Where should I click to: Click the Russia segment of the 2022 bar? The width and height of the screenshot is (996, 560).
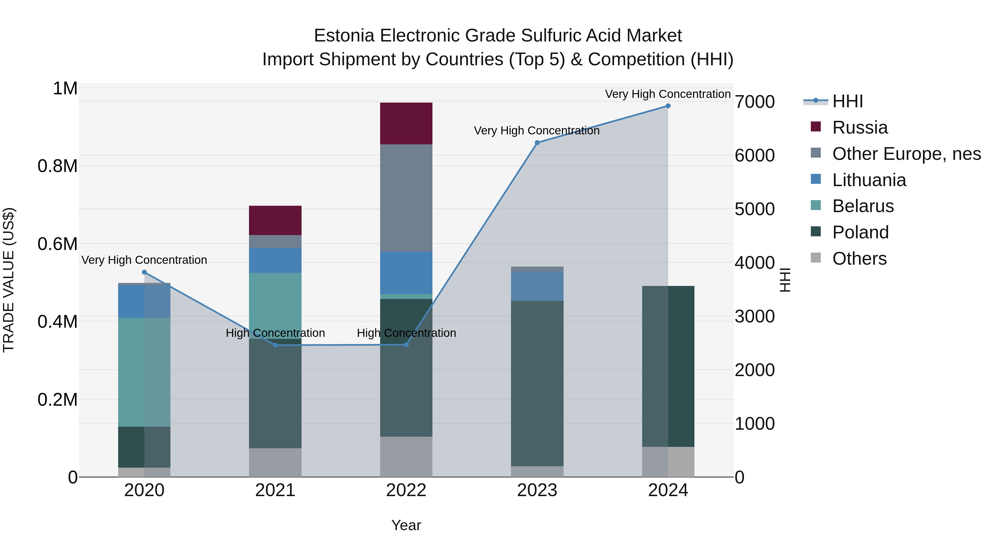(406, 123)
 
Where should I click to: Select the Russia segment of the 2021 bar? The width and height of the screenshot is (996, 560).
(275, 220)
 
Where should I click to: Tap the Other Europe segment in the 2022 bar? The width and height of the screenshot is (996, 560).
(406, 198)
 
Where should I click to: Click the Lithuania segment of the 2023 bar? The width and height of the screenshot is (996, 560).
(537, 286)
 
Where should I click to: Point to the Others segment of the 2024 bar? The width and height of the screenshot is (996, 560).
(668, 462)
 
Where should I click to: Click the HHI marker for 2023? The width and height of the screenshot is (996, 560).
(537, 143)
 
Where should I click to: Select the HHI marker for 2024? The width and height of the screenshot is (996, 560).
(668, 106)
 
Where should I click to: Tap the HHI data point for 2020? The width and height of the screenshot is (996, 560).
(144, 272)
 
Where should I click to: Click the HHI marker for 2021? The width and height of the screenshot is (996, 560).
(275, 345)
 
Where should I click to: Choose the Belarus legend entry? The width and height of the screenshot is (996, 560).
(863, 206)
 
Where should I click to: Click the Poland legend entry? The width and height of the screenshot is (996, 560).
(860, 232)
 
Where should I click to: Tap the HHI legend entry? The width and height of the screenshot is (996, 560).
(847, 101)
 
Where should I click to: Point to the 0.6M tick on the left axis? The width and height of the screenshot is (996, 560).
(57, 244)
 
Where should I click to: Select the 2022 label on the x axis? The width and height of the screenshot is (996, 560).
(406, 490)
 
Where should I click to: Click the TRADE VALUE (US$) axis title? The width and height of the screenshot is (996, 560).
(9, 280)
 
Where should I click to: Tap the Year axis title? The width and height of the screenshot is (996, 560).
(406, 525)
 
